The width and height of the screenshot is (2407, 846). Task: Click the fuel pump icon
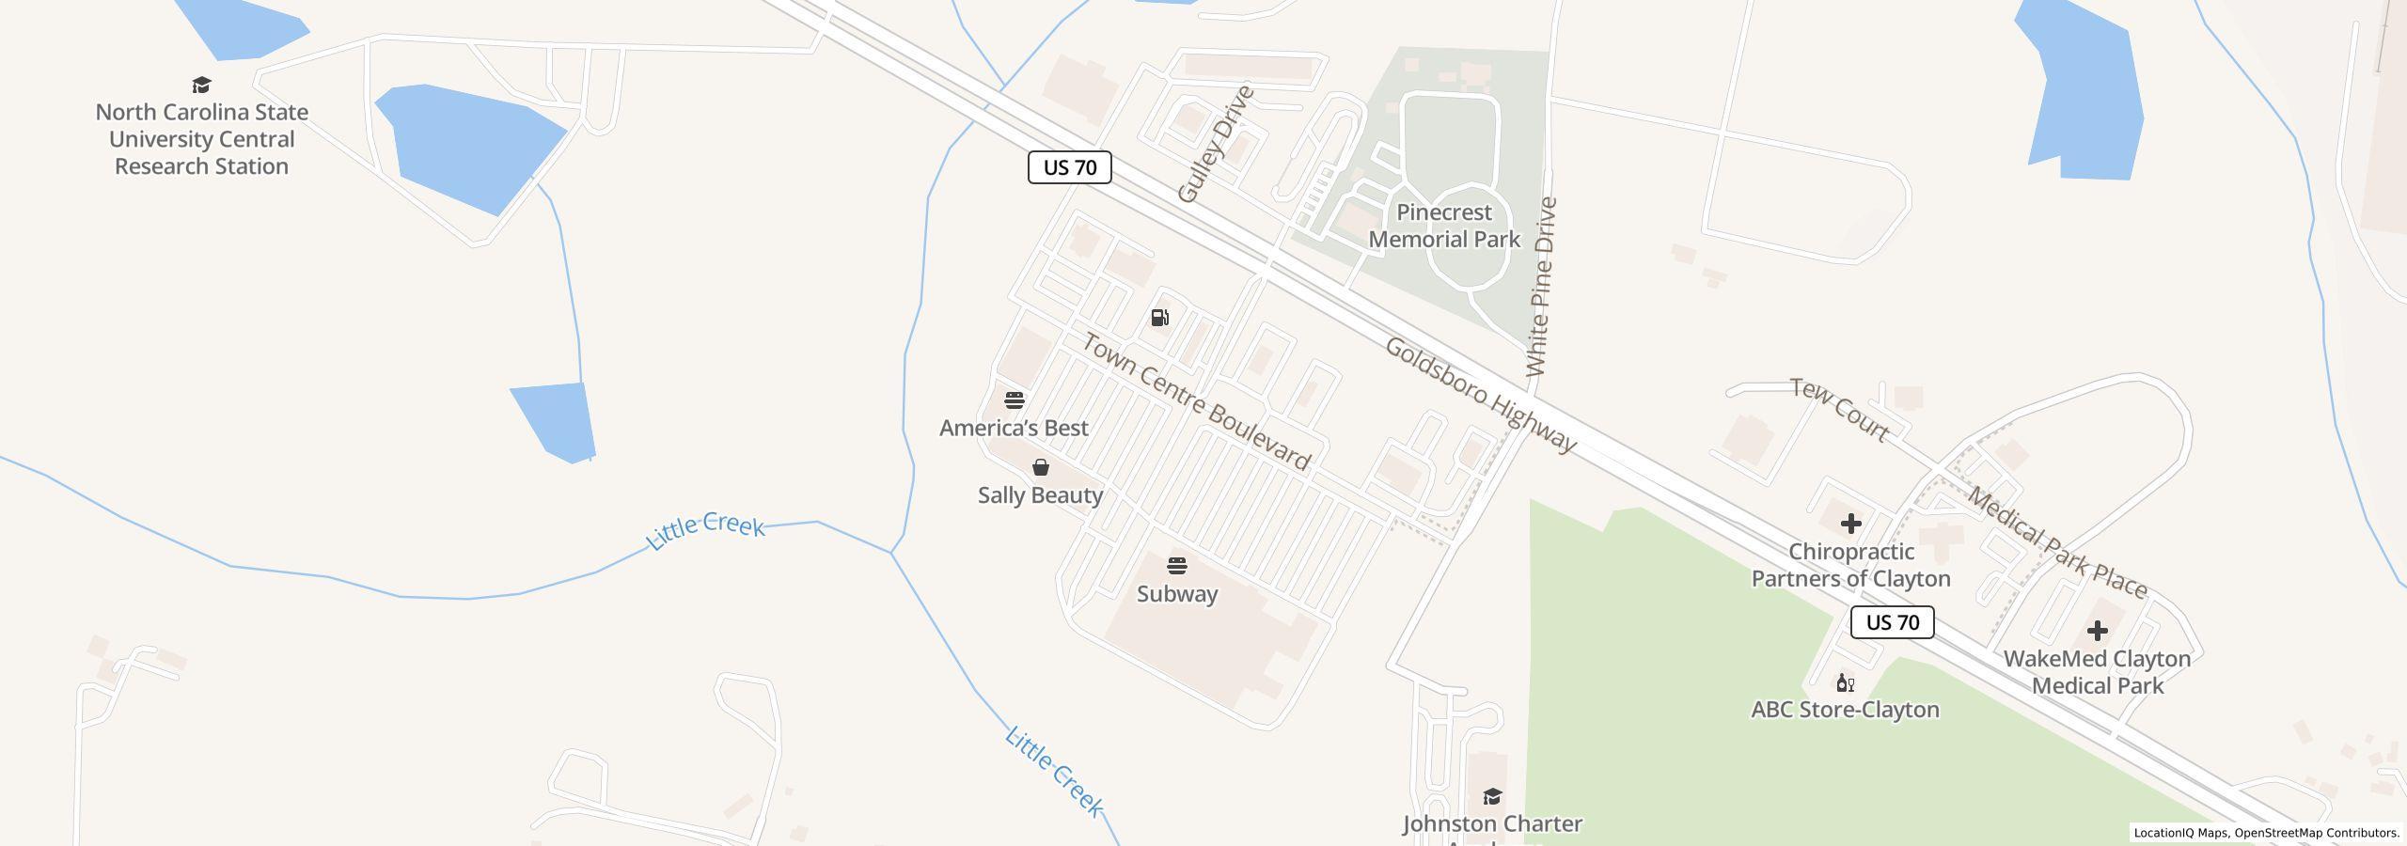tap(1160, 318)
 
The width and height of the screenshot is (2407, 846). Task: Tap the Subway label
tap(1177, 594)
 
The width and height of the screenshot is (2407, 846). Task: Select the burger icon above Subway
tap(1177, 566)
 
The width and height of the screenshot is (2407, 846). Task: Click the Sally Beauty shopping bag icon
tap(1041, 467)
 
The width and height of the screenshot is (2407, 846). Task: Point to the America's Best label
tap(1014, 428)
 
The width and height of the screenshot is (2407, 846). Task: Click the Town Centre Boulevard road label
tap(1195, 401)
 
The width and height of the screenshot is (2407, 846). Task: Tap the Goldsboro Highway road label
tap(1480, 395)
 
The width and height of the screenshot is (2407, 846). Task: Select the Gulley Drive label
tap(1216, 144)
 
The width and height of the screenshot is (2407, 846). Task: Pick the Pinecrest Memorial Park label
tap(1444, 226)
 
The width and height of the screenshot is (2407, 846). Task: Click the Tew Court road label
tap(1839, 409)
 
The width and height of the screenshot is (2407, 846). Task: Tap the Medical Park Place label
tap(2057, 543)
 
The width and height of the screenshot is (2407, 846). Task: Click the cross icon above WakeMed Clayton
tap(2097, 631)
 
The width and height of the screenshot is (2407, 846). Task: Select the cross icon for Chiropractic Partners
tap(1850, 524)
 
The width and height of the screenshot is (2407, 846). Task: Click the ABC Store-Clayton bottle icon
tap(1845, 682)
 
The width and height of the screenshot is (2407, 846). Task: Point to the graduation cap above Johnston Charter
tap(1492, 797)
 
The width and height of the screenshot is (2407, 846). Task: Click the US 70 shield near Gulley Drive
tap(1070, 167)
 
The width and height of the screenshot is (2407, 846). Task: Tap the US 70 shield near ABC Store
tap(1892, 622)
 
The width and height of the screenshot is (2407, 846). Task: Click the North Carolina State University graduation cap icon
tap(201, 86)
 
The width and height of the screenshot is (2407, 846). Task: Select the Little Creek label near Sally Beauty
tap(705, 532)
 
